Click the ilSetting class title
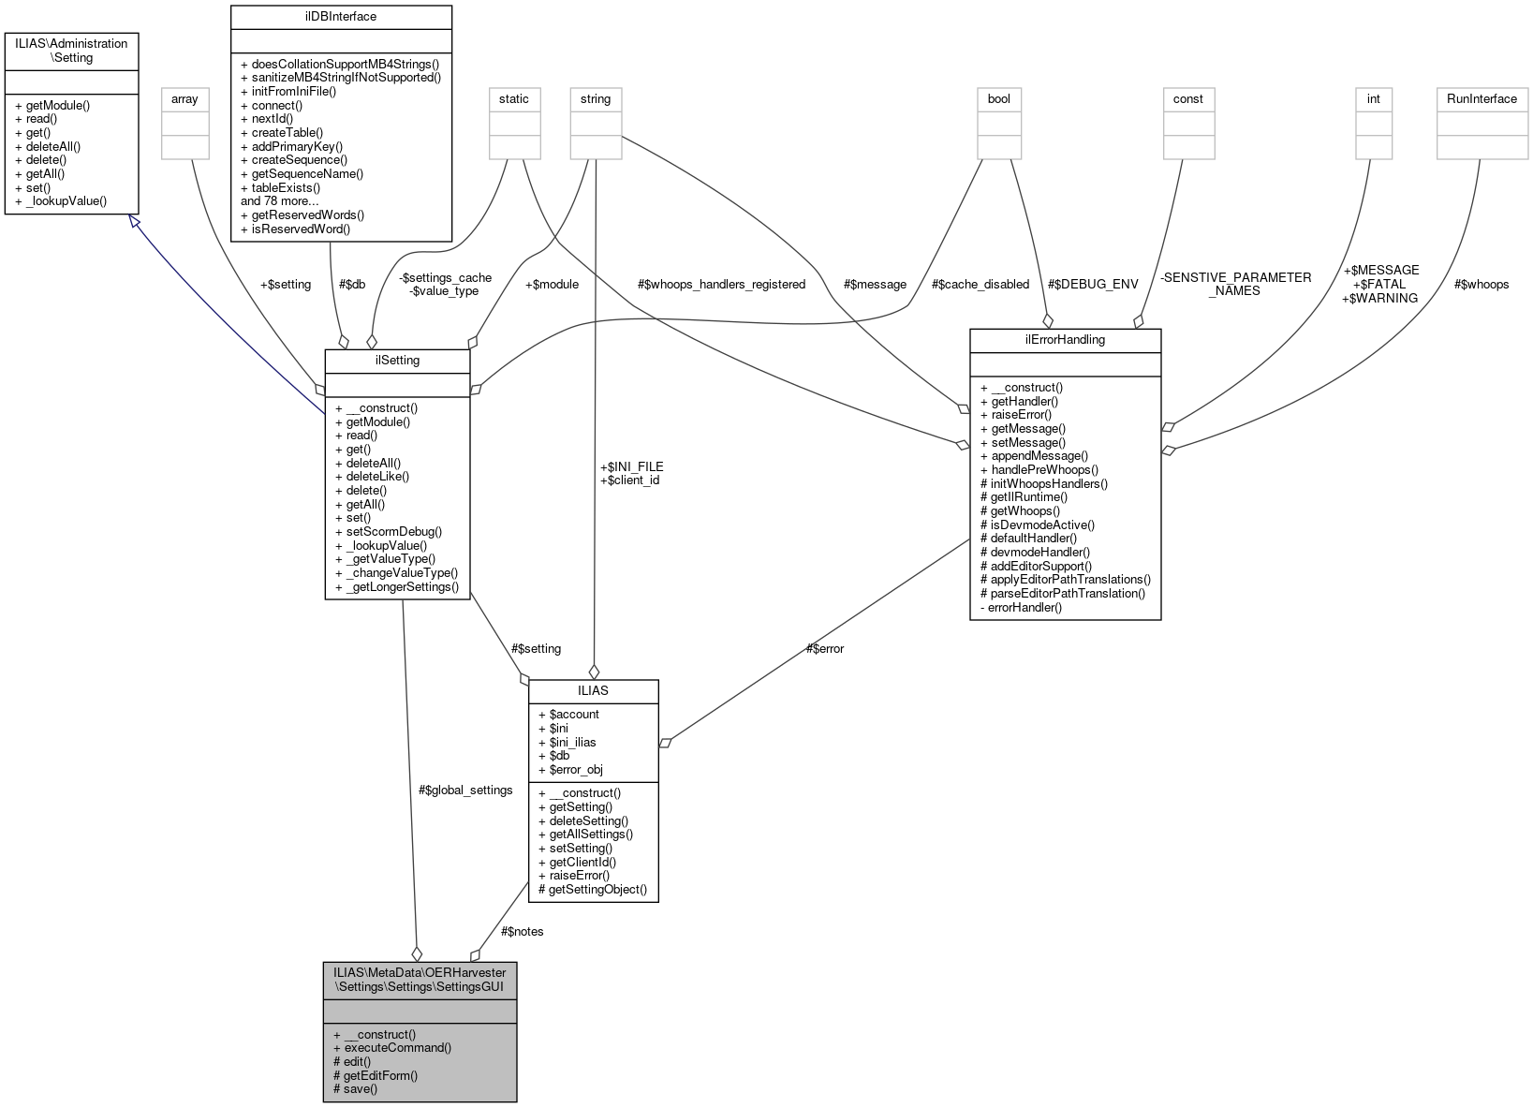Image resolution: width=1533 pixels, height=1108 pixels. (x=397, y=360)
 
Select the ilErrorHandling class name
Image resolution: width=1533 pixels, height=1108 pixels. (x=1065, y=339)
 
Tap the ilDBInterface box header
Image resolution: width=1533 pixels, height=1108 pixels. (x=341, y=16)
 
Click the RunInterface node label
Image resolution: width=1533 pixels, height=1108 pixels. (x=1481, y=98)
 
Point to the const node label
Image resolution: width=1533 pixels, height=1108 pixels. (x=1188, y=98)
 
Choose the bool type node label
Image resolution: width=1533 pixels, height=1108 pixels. (x=999, y=98)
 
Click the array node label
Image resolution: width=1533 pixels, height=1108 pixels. (x=185, y=98)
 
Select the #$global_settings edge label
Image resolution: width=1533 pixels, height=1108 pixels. (x=465, y=790)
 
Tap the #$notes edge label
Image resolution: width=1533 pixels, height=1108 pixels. (x=522, y=931)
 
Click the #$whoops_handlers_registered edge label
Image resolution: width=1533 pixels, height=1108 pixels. (x=721, y=284)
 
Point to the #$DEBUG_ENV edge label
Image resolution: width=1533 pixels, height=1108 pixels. (x=1093, y=284)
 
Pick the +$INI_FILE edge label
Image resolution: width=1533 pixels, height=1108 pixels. (x=631, y=465)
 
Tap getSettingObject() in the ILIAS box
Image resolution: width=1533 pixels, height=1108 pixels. (x=597, y=889)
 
